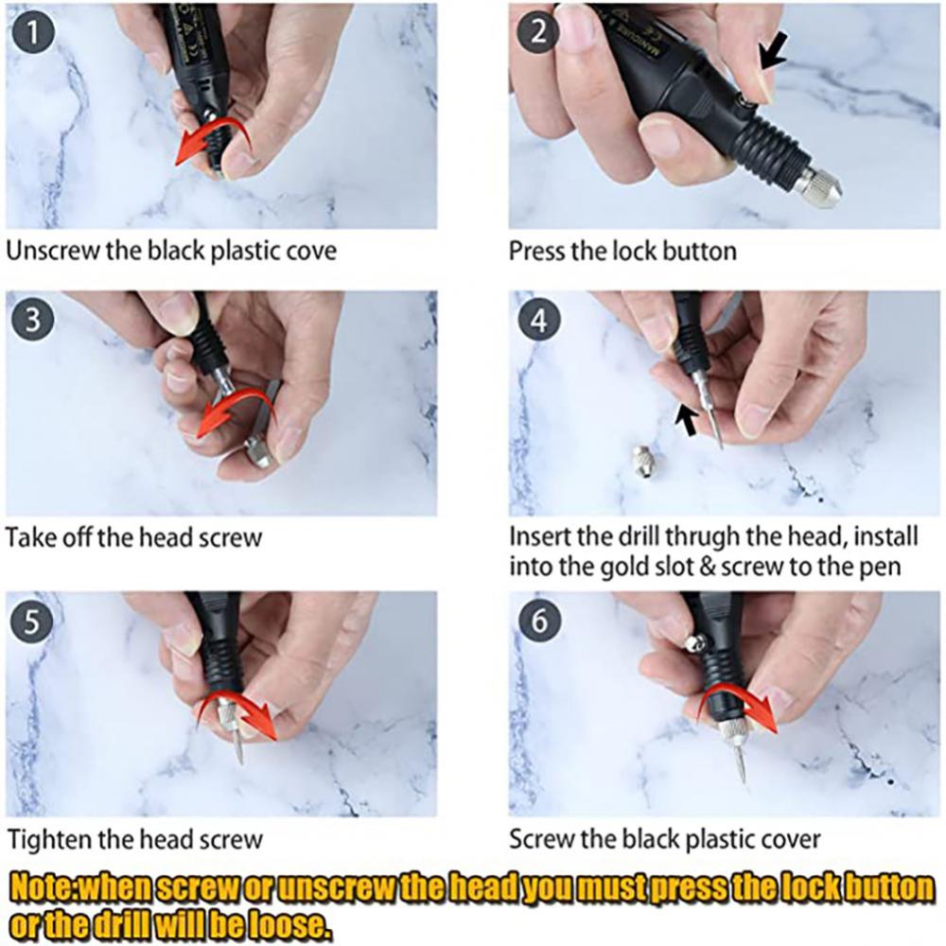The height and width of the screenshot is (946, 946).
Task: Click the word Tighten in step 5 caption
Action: tap(44, 839)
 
